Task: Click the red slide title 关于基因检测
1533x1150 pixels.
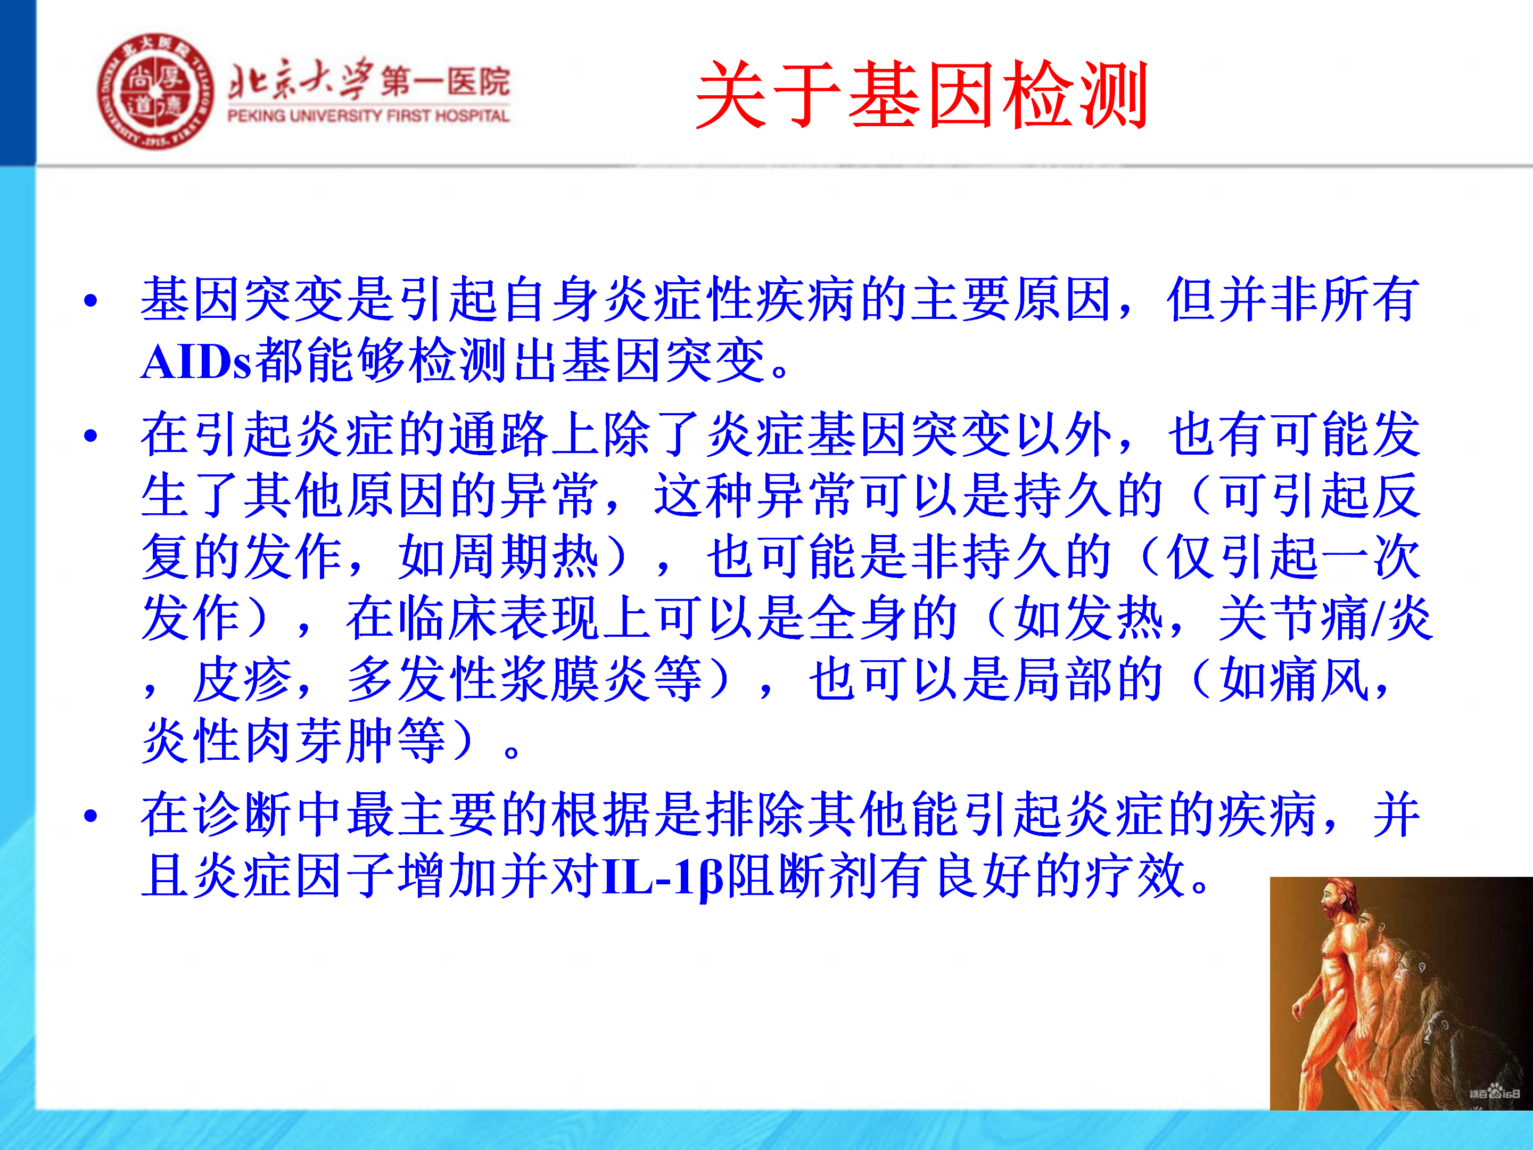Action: (922, 95)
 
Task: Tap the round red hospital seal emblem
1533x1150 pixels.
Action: (156, 92)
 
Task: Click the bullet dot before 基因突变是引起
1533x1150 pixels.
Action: (90, 301)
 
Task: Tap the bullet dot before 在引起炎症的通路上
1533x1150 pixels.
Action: (90, 436)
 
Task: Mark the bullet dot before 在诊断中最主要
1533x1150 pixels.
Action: (90, 815)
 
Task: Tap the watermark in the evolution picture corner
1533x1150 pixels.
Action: (1495, 1093)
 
